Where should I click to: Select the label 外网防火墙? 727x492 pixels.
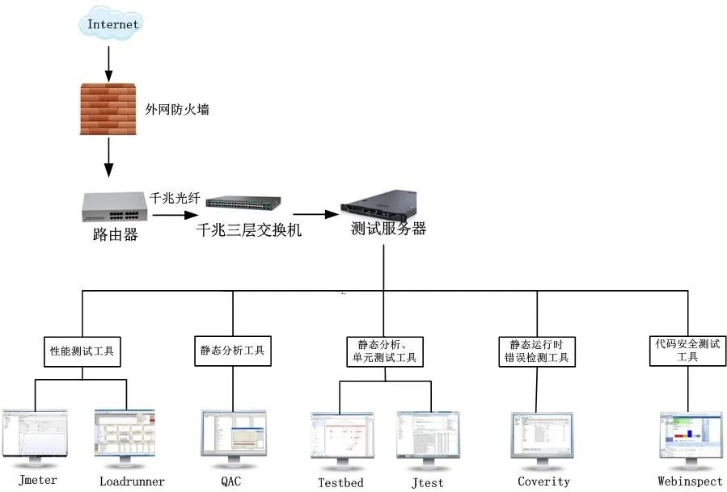click(x=177, y=108)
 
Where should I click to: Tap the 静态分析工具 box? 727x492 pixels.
click(x=232, y=351)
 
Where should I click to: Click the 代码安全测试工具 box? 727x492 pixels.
click(x=688, y=350)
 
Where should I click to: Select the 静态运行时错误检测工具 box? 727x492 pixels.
click(x=535, y=351)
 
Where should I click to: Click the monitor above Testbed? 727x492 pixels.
click(x=341, y=439)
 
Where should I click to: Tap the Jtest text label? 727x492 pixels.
click(x=427, y=483)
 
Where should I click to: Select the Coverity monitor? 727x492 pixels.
click(x=541, y=439)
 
